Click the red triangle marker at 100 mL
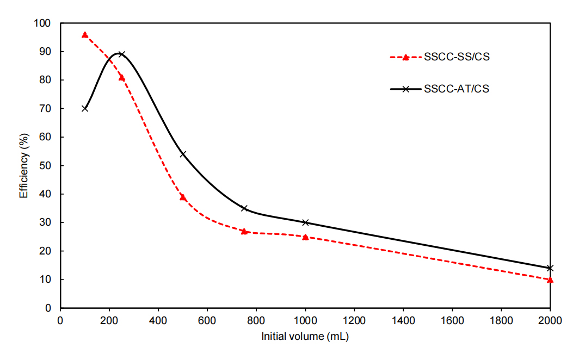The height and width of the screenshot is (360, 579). [85, 35]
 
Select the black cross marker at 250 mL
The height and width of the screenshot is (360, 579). [121, 54]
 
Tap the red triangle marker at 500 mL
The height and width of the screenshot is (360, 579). [183, 197]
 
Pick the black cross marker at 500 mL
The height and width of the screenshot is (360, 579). [183, 154]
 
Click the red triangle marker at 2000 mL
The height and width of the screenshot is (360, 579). [550, 280]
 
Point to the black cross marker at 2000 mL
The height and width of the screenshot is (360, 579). [550, 268]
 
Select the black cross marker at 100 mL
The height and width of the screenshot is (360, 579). [85, 108]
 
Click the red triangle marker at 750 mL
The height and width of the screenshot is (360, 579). [244, 231]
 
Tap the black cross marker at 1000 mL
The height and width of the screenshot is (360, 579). [305, 222]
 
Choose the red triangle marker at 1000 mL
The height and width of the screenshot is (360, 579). [305, 237]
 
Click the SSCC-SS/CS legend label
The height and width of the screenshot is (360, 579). [456, 57]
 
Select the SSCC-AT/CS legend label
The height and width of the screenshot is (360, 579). [456, 89]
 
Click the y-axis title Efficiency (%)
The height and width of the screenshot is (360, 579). [24, 165]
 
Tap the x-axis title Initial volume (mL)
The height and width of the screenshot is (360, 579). [305, 337]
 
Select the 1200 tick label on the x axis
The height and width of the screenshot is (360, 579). [354, 320]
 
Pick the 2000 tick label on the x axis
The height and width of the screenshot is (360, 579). [550, 320]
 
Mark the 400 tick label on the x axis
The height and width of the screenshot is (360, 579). [158, 320]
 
